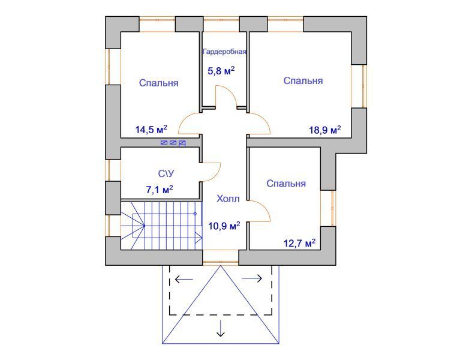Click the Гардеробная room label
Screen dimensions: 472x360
[225, 52]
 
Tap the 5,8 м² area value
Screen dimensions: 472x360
[221, 71]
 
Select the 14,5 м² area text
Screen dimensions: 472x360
[151, 130]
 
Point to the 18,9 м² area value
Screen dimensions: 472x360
[325, 130]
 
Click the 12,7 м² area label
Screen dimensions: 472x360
[300, 243]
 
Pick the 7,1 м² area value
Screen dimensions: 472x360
[160, 190]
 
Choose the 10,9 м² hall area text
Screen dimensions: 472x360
[224, 226]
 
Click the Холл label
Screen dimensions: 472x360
[228, 199]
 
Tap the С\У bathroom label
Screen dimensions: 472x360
[166, 173]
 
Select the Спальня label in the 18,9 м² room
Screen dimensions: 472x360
[303, 81]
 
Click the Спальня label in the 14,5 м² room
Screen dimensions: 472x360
[159, 83]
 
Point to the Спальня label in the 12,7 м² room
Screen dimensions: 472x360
[286, 184]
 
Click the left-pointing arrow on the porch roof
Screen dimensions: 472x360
[184, 279]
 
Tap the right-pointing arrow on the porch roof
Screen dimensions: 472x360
[252, 278]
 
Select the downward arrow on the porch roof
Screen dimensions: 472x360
[221, 328]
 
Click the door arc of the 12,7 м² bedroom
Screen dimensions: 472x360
[265, 207]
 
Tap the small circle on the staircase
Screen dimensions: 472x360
[195, 214]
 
